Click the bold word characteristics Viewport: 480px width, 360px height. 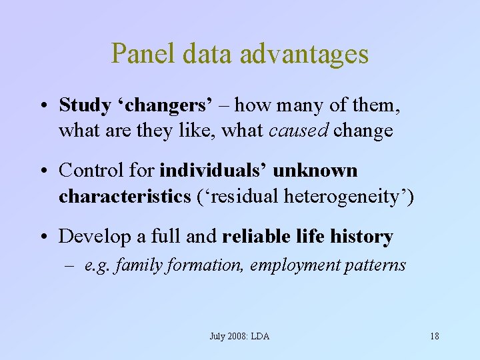[x=115, y=196]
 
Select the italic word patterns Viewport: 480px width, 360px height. [x=375, y=265]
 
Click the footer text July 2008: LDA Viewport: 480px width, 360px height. [x=239, y=336]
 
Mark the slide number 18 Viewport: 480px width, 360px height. [x=434, y=336]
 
